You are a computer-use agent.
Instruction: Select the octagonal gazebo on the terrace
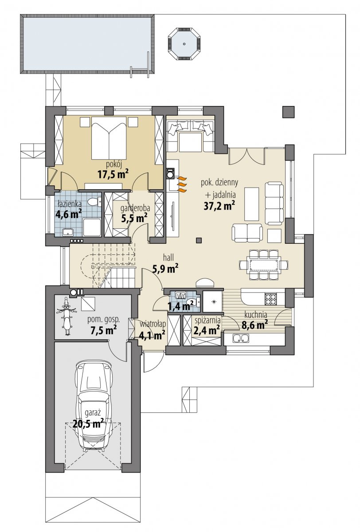[x=184, y=44]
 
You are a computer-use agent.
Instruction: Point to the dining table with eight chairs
[x=264, y=264]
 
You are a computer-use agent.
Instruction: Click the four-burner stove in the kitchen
[x=271, y=300]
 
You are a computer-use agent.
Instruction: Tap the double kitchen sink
[x=241, y=338]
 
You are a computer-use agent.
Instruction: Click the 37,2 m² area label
[x=218, y=206]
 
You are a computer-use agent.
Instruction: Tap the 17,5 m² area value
[x=113, y=175]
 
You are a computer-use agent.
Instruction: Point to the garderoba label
[x=135, y=208]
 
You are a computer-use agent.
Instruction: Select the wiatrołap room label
[x=153, y=324]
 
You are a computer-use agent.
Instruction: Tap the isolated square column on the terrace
[x=289, y=111]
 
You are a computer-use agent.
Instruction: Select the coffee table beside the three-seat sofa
[x=252, y=204]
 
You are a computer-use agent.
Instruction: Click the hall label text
[x=168, y=257]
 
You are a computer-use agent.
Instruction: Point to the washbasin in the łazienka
[x=68, y=232]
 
